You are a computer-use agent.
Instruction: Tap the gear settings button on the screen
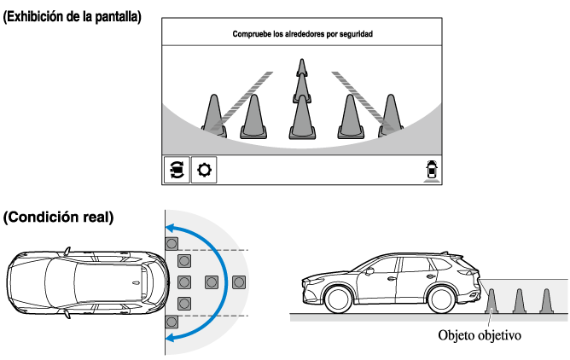coord(204,170)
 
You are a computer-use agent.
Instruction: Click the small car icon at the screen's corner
coord(431,170)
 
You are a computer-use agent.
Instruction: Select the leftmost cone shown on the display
coord(212,114)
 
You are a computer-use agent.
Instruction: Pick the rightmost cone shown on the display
coord(391,114)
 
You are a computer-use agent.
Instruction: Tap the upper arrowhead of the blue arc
coord(172,227)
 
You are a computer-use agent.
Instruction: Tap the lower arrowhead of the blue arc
coord(172,338)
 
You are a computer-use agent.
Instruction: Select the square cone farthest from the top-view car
coord(239,282)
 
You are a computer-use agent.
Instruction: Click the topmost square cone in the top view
coord(172,241)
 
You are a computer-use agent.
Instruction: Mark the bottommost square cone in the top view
coord(172,322)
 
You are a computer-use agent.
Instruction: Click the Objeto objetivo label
coord(478,334)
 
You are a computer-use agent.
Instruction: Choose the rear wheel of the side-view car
coord(444,298)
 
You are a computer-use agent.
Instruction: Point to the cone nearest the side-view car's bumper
coord(491,300)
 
